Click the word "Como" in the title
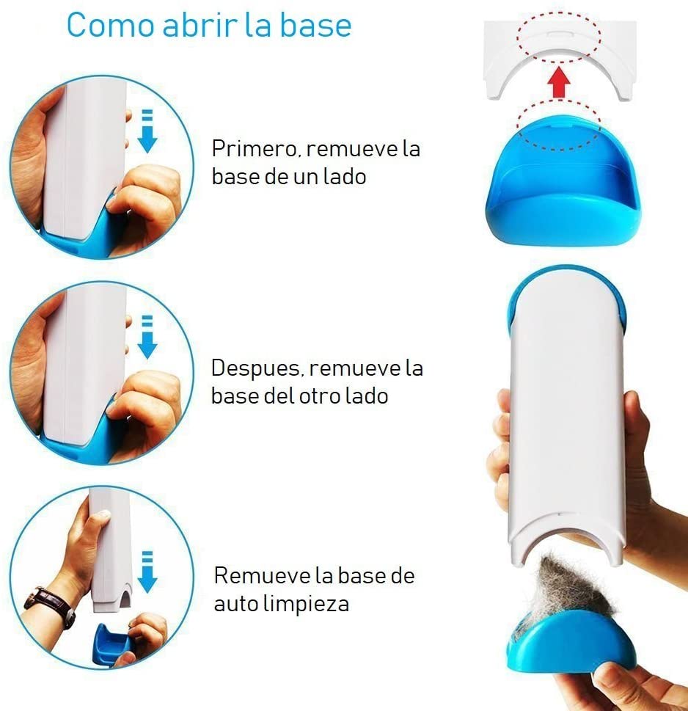coord(110,25)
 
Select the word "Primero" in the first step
coord(255,149)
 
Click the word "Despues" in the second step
coord(255,368)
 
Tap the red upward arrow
coord(558,82)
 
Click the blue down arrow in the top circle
coord(147,131)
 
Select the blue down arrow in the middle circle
coord(147,337)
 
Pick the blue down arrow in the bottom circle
coord(147,572)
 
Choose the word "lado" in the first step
coord(344,176)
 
